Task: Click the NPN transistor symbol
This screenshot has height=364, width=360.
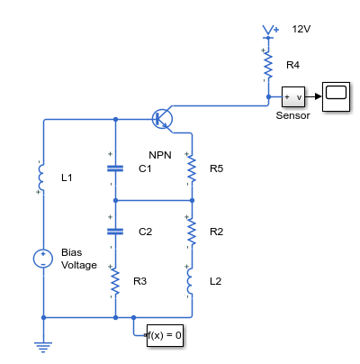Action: click(x=162, y=119)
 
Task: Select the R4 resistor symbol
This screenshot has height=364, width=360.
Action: click(x=268, y=66)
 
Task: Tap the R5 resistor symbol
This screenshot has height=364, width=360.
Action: click(x=192, y=169)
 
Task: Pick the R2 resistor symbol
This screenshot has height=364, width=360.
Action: click(x=192, y=232)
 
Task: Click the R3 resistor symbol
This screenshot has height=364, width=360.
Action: click(x=115, y=281)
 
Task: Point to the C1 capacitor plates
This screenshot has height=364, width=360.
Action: click(x=115, y=168)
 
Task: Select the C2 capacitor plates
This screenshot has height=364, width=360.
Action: click(x=115, y=232)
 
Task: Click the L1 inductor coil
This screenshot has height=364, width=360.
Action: click(x=41, y=177)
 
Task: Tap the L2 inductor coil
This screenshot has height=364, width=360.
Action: click(x=190, y=281)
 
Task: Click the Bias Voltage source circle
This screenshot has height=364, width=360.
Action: click(x=43, y=259)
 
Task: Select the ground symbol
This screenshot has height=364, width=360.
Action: click(x=43, y=347)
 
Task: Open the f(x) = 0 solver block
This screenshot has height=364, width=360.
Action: click(x=165, y=335)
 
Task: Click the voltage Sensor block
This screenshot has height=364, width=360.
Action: click(x=293, y=96)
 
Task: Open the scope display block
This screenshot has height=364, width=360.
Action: click(x=336, y=96)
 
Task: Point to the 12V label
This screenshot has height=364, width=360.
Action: click(x=301, y=29)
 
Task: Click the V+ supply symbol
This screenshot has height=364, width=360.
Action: click(x=270, y=32)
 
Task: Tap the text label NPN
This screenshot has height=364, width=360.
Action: click(x=160, y=155)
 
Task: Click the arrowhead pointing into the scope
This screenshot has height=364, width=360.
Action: click(x=319, y=96)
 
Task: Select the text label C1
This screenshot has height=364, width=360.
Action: click(x=145, y=168)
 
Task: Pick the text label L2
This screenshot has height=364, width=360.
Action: click(x=216, y=281)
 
